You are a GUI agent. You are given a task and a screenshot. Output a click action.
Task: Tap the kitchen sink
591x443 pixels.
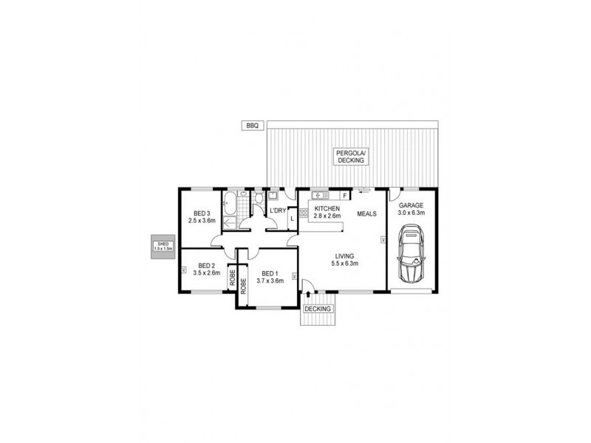tap(320, 195)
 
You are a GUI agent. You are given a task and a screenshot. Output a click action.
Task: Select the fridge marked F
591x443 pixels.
tap(345, 195)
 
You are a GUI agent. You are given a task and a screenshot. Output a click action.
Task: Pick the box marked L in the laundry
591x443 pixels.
tap(293, 218)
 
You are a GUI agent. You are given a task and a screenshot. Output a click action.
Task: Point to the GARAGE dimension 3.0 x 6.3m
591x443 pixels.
tap(411, 213)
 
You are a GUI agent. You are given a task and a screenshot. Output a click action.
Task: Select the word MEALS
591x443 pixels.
tap(367, 214)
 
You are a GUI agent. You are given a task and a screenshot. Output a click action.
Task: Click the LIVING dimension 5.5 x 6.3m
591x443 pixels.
tap(344, 264)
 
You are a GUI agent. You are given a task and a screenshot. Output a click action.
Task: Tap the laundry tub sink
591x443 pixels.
tap(273, 196)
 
